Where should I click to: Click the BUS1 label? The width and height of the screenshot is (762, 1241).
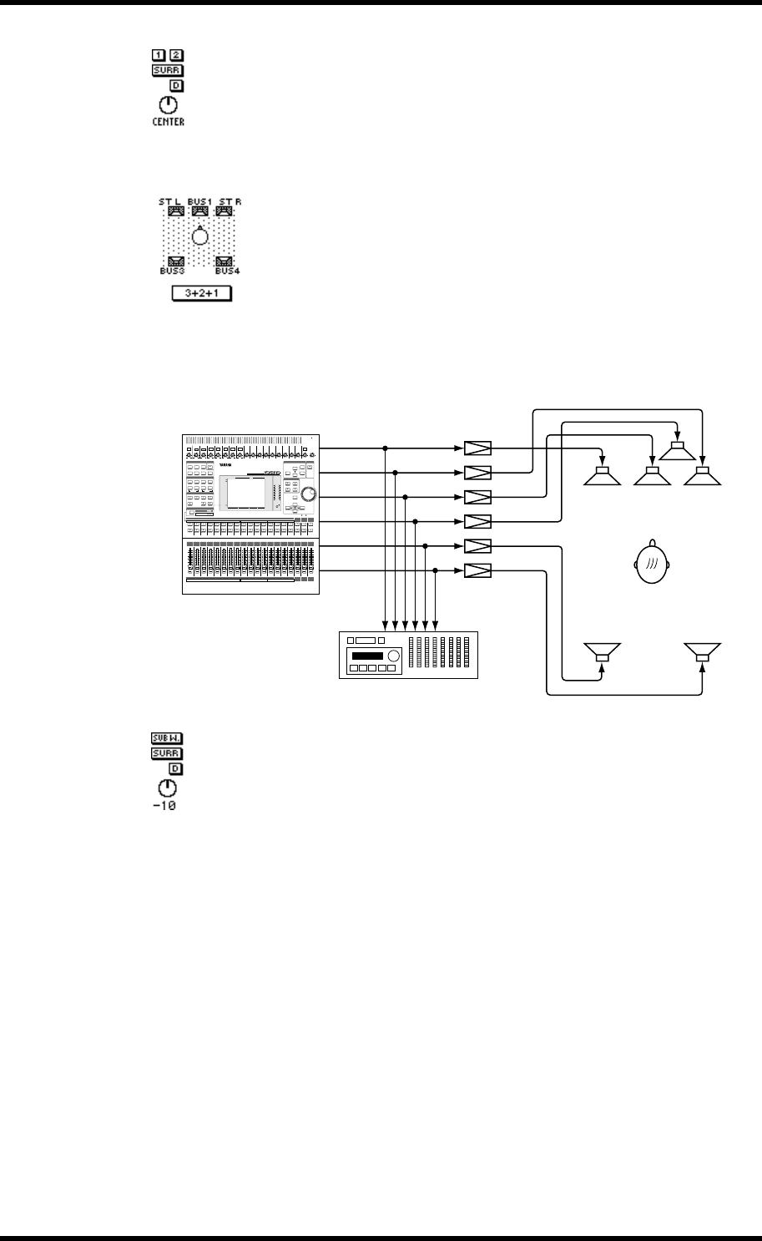(x=199, y=201)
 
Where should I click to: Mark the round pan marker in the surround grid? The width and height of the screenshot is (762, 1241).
(x=199, y=236)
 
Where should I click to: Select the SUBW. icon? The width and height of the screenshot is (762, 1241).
(x=167, y=738)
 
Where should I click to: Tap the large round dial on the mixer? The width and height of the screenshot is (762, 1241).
(x=308, y=494)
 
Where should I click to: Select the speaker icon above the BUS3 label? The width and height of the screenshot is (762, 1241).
(x=175, y=261)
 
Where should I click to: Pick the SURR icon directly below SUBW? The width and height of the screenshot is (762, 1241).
(x=167, y=753)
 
